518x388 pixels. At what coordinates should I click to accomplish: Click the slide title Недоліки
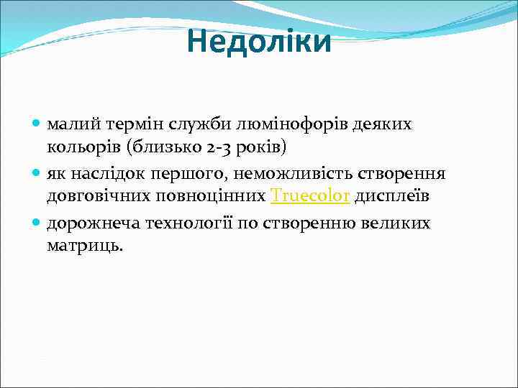click(x=259, y=42)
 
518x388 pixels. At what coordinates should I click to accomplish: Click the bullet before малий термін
click(x=37, y=125)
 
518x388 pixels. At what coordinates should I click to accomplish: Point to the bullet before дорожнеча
click(x=37, y=224)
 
